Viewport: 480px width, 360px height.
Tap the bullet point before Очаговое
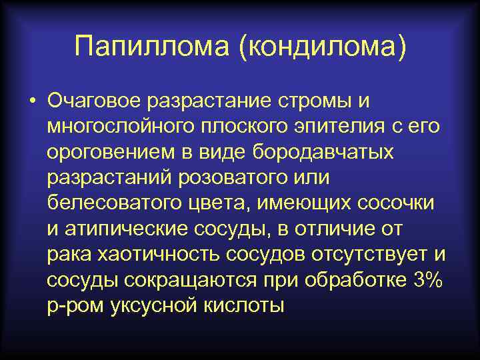31,102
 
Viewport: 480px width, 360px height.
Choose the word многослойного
120,127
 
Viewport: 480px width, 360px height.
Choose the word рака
69,253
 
